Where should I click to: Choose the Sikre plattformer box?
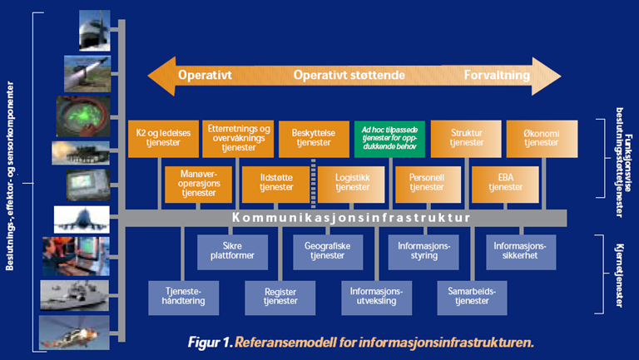click(226, 249)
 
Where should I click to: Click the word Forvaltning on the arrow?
click(497, 76)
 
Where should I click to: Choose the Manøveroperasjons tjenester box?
click(198, 183)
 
